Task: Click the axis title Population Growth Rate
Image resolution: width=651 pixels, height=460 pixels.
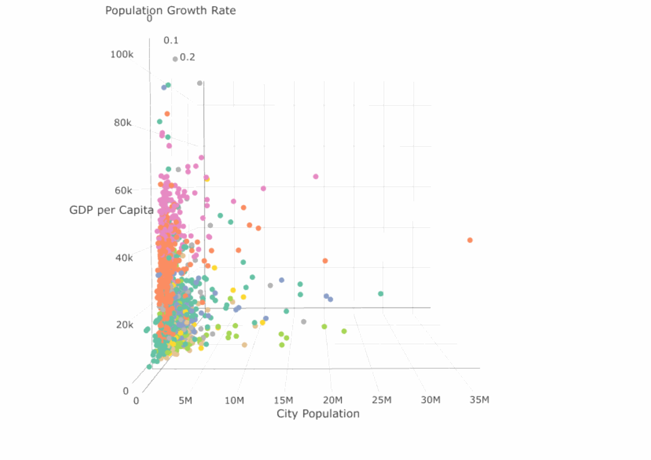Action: tap(170, 10)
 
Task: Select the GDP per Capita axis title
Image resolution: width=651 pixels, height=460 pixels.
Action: tap(111, 211)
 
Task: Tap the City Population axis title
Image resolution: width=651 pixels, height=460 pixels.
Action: tap(318, 414)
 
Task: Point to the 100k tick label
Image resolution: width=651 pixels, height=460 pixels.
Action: tap(122, 54)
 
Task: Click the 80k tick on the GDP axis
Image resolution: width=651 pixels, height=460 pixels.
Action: tap(123, 123)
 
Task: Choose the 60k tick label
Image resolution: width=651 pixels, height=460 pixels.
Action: tap(123, 190)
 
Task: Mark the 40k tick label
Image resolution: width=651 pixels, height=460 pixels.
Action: tap(123, 257)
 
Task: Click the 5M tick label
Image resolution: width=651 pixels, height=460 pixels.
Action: tap(186, 400)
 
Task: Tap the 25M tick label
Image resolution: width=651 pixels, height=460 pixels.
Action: tap(382, 400)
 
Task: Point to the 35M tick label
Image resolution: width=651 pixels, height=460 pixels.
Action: tap(480, 400)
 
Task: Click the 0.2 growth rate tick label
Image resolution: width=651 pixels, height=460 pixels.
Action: tap(187, 57)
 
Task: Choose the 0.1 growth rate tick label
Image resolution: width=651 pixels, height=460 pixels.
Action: tap(171, 40)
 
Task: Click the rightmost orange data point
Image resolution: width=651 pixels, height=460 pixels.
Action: tap(470, 240)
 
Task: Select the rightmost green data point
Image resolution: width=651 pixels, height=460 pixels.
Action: tap(381, 294)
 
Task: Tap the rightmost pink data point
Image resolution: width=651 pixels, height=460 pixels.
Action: tap(316, 177)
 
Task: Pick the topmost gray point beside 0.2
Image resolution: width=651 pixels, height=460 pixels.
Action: tap(175, 59)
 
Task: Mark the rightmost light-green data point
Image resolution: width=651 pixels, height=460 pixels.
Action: tap(344, 331)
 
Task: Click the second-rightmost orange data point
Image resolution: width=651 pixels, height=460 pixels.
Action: tap(325, 261)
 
